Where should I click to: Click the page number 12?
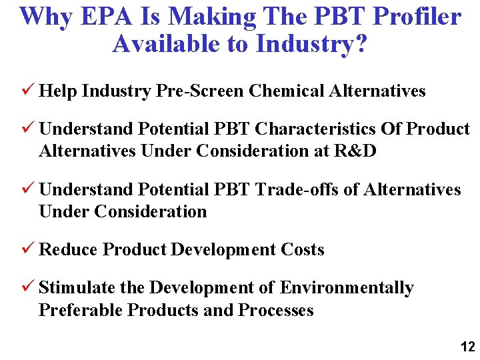[467, 347]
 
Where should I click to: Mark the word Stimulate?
[77, 288]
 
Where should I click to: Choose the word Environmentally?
[347, 288]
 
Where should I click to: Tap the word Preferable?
[81, 310]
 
